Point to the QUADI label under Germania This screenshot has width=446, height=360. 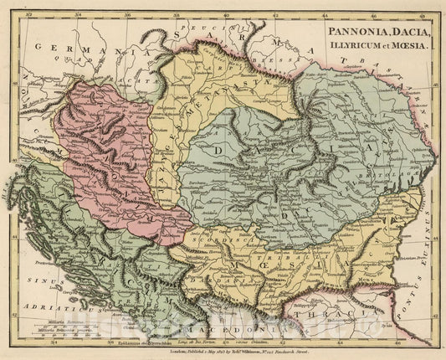point(86,61)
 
